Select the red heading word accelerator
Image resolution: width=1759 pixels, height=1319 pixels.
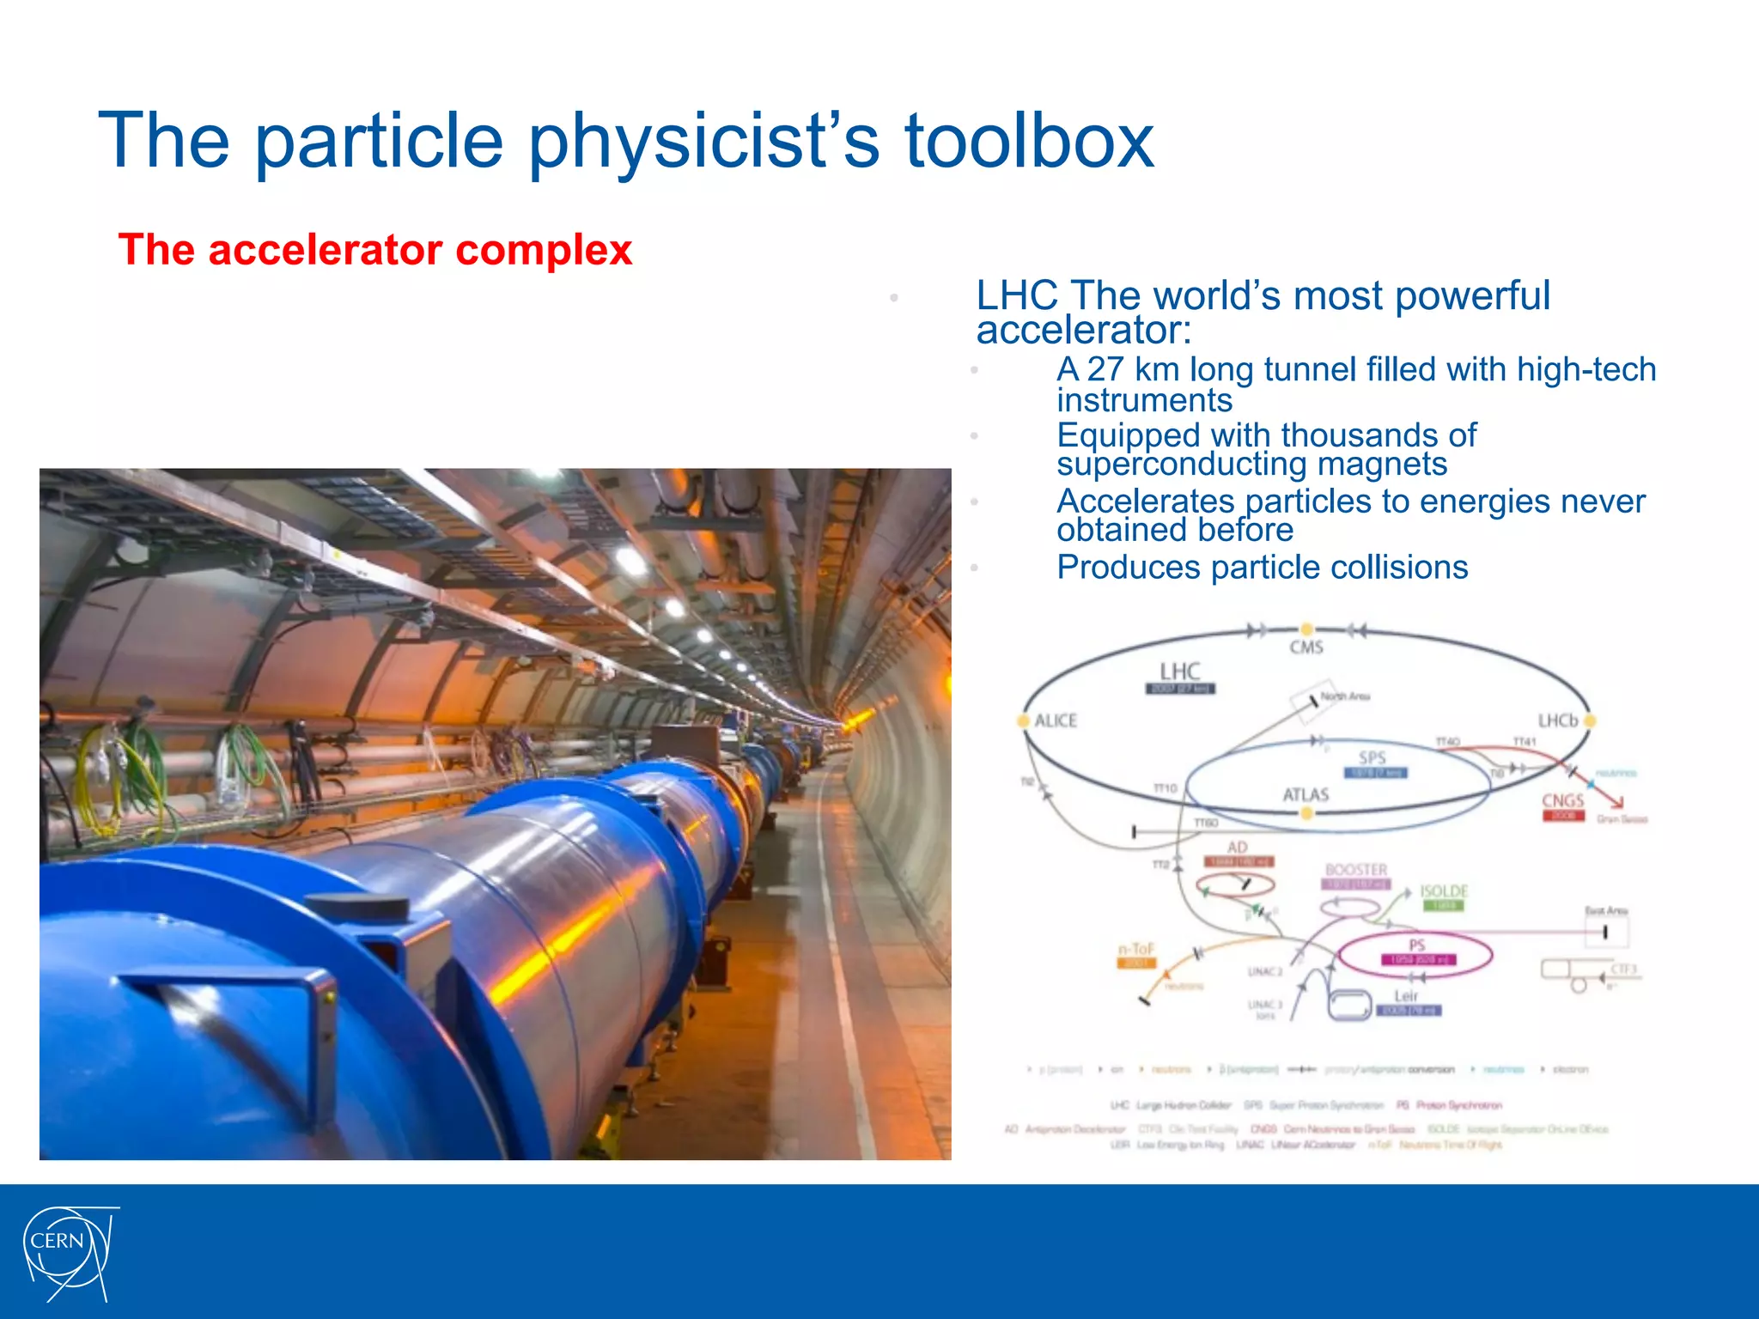326,251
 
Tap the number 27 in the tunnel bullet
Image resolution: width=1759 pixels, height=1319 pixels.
1105,369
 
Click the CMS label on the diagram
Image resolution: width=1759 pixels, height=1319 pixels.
1306,647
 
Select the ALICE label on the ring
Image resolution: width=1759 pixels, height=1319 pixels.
1056,720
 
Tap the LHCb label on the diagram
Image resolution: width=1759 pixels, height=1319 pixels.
1557,720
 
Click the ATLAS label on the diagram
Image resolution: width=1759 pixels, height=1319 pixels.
1306,795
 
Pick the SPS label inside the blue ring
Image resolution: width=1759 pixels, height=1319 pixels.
1372,757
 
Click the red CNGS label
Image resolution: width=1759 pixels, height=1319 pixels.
1562,800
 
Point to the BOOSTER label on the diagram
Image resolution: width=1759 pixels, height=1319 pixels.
1355,870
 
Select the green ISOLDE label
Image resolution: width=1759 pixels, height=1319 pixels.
1443,891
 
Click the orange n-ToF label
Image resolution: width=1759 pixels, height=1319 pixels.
1135,949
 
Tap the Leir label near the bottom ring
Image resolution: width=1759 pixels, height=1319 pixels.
1405,996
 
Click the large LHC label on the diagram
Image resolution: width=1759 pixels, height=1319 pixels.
1179,671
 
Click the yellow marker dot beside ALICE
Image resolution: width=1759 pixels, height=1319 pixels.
1023,720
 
